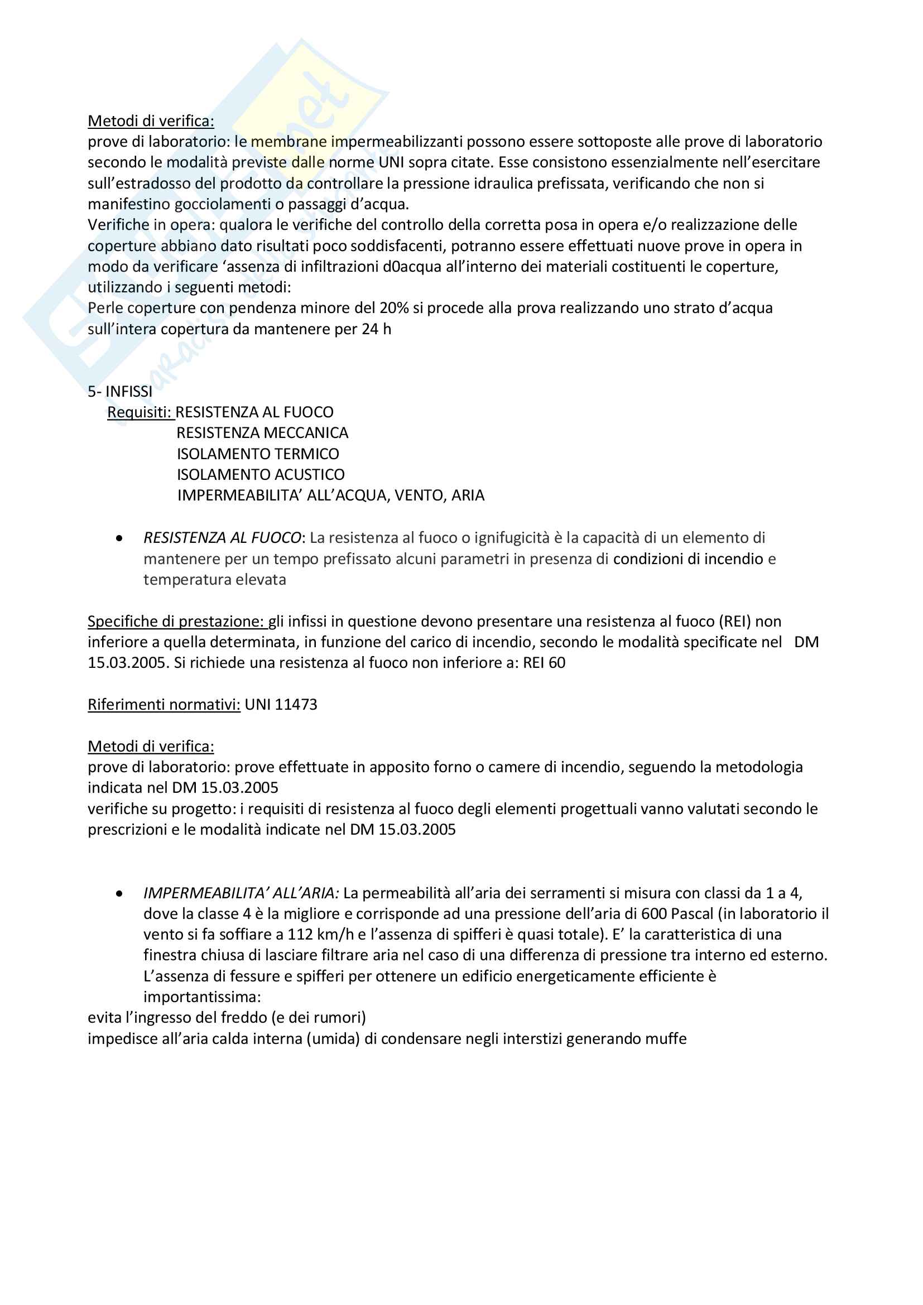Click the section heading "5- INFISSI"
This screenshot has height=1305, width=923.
(x=120, y=391)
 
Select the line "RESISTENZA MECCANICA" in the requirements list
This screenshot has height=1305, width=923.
(x=262, y=432)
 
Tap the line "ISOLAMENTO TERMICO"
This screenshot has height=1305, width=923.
(x=257, y=454)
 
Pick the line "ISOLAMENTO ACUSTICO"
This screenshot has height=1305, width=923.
(x=260, y=474)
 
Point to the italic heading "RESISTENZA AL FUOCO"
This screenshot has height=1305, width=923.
(x=222, y=537)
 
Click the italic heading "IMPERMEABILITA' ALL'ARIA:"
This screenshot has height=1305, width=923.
(x=241, y=893)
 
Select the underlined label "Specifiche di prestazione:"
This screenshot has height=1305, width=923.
(x=177, y=621)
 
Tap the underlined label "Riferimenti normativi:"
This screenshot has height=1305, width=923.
(x=164, y=704)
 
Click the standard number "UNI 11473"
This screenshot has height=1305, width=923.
(x=281, y=704)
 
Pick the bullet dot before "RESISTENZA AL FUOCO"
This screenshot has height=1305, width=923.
(x=119, y=538)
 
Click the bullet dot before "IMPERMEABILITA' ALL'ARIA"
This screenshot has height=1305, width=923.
(x=119, y=893)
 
